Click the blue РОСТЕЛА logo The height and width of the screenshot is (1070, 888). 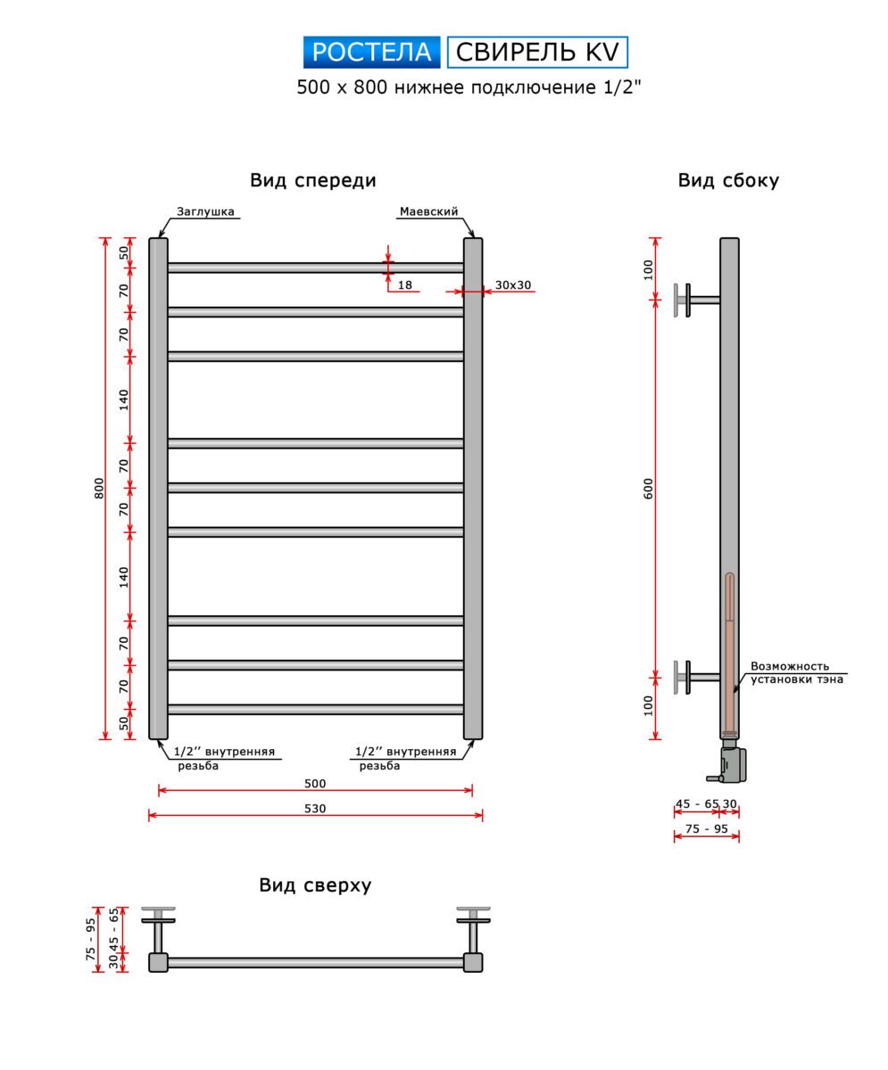pos(371,52)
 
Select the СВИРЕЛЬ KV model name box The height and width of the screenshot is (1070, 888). pos(537,52)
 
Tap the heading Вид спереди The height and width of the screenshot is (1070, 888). pos(313,180)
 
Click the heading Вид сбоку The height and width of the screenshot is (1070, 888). pos(728,180)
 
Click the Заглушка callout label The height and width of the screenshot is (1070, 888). pos(205,211)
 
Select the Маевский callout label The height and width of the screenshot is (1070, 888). pos(428,211)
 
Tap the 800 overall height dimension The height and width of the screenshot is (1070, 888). pos(99,488)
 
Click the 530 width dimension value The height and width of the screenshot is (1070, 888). pos(315,808)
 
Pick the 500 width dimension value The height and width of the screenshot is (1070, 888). pos(315,783)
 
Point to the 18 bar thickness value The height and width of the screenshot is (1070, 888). pos(405,285)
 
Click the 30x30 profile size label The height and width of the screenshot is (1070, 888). pos(513,285)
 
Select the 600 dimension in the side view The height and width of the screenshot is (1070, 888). pos(649,489)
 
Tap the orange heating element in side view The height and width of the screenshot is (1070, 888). pos(729,653)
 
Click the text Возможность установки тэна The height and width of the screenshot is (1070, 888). pos(796,673)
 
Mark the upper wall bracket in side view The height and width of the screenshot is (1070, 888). pos(697,300)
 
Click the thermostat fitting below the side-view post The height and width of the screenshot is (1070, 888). pos(727,759)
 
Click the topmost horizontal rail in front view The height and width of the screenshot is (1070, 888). pos(316,268)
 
